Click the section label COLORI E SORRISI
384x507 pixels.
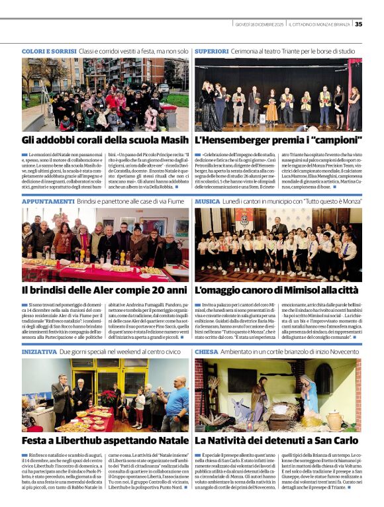click(49, 51)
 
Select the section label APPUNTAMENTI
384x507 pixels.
click(47, 201)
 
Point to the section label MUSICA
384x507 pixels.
click(207, 201)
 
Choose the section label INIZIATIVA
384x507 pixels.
click(39, 351)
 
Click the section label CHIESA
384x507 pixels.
click(206, 351)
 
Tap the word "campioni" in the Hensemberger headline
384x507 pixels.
click(327, 140)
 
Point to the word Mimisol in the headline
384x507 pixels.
click(293, 290)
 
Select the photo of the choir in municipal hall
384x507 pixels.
click(278, 244)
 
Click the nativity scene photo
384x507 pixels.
click(278, 395)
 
